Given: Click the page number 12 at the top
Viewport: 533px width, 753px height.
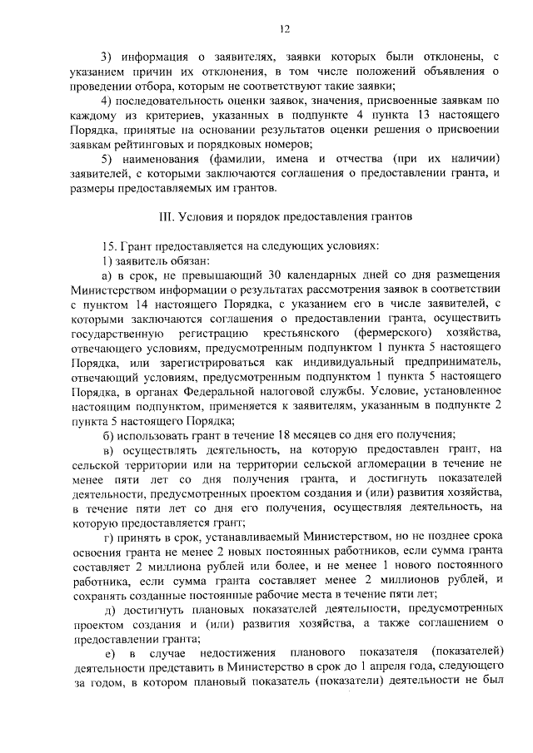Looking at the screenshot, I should click(x=284, y=30).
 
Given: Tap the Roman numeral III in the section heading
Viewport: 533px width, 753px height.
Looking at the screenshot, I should click(x=166, y=216).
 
